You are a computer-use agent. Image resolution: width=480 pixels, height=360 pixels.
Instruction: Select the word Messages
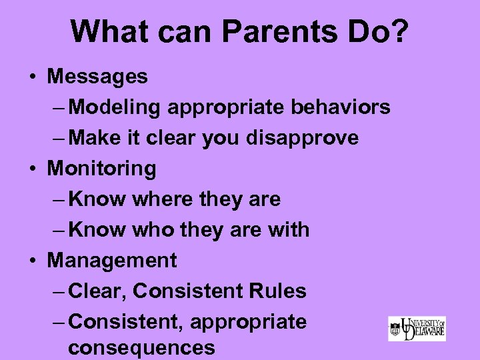[97, 77]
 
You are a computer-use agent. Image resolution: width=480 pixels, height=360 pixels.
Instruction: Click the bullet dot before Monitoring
[33, 169]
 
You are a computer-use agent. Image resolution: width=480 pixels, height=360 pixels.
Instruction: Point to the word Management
[112, 261]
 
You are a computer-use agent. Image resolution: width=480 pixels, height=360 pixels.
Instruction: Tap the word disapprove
[303, 138]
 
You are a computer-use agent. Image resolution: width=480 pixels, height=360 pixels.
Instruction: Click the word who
[150, 230]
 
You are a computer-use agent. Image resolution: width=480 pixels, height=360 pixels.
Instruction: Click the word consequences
[141, 348]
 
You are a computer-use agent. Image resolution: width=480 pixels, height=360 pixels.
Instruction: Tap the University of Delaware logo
[417, 329]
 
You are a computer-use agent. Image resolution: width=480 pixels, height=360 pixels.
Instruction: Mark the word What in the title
[107, 32]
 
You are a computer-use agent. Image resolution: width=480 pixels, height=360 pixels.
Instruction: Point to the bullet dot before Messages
[33, 77]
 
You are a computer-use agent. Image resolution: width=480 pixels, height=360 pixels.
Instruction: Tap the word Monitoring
[101, 169]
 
